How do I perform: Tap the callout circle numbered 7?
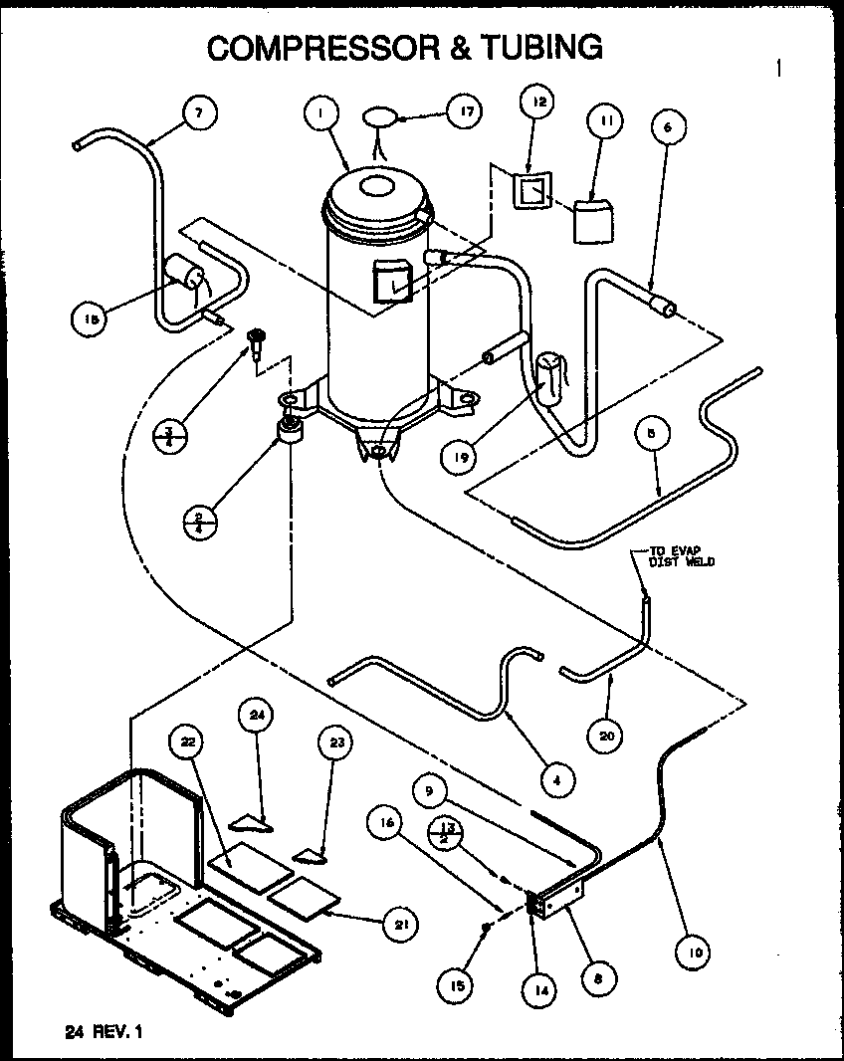click(199, 114)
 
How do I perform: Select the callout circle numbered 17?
click(463, 113)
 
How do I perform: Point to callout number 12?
click(538, 104)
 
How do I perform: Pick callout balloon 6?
click(668, 126)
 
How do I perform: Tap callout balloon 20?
click(609, 736)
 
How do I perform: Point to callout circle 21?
click(399, 925)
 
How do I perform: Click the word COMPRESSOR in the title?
click(311, 47)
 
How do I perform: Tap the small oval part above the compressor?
click(378, 116)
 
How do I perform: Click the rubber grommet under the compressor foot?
click(292, 432)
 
